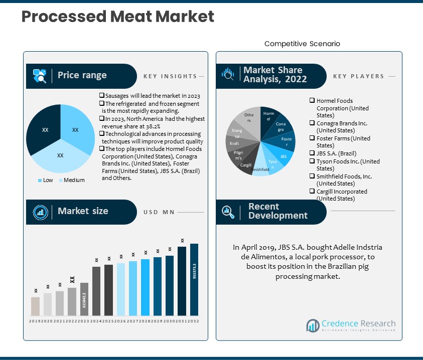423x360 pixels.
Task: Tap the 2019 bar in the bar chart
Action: tap(35, 306)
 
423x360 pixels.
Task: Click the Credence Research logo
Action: tap(351, 325)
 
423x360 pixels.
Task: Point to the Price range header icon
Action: tap(40, 76)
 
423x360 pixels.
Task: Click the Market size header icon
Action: tap(40, 212)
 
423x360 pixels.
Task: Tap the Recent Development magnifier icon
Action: tap(229, 212)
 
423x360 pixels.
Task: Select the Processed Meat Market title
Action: tap(118, 17)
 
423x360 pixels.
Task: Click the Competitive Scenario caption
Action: tap(302, 44)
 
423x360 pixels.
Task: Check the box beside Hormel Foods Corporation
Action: tap(312, 101)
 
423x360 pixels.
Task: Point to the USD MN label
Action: tap(159, 212)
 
